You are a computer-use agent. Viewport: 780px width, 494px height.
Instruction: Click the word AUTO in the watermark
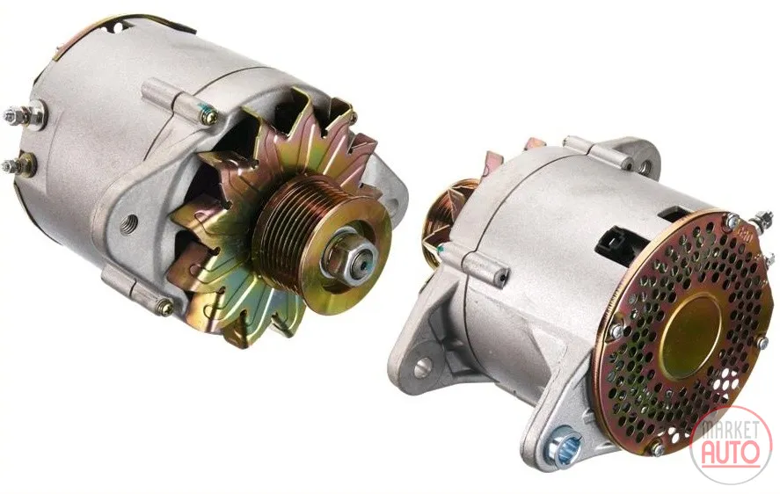[730, 451]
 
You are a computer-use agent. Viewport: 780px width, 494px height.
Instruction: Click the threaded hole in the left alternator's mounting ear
[128, 222]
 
